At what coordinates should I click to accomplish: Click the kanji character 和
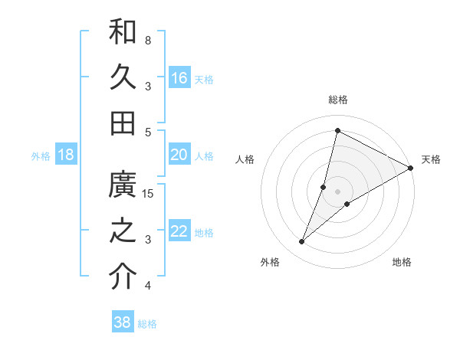[123, 33]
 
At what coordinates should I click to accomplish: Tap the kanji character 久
[123, 77]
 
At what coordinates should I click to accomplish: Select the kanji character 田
[123, 123]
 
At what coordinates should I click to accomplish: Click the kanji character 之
[123, 231]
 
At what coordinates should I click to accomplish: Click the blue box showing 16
[179, 78]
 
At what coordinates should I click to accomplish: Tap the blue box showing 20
[179, 155]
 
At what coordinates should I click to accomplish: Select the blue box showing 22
[179, 232]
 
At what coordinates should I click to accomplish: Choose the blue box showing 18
[66, 155]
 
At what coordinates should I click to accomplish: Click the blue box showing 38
[123, 322]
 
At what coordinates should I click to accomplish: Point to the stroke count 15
[149, 193]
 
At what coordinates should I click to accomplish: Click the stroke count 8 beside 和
[148, 40]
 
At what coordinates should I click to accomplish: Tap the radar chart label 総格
[338, 100]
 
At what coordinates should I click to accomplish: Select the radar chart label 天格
[431, 159]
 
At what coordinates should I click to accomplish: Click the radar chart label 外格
[270, 262]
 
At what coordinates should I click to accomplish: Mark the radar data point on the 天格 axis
[410, 168]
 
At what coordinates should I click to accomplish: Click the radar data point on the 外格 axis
[302, 242]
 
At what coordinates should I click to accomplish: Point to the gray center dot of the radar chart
[337, 191]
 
